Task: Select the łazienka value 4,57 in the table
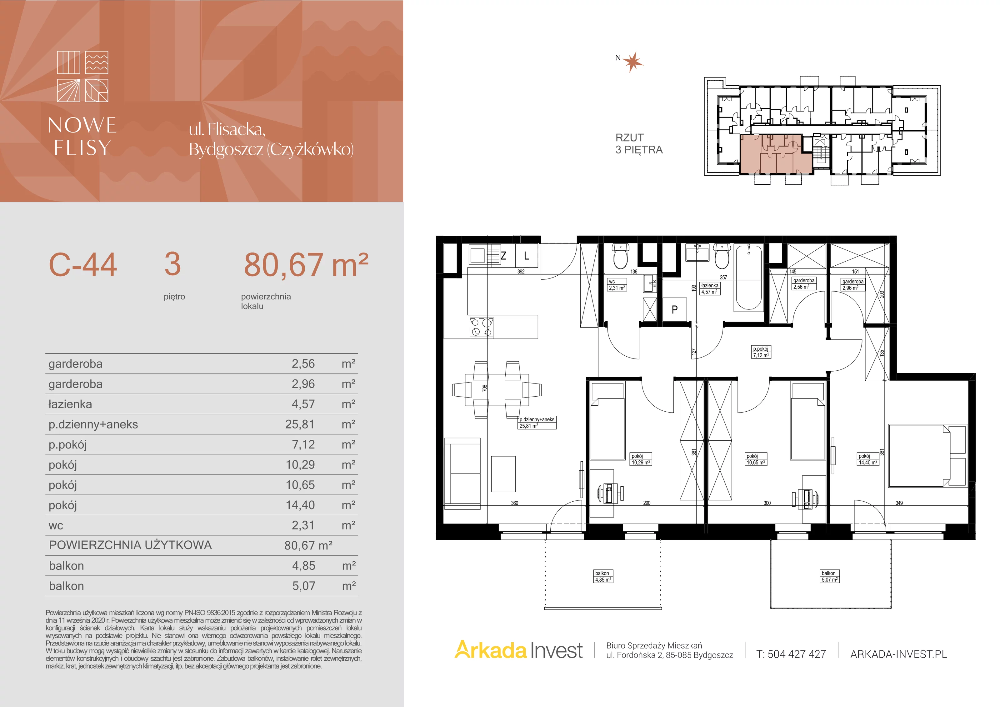[303, 404]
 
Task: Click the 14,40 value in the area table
[300, 505]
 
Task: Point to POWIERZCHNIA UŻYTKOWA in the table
[130, 545]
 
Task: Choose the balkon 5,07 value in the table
[303, 586]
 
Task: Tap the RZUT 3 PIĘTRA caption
[638, 144]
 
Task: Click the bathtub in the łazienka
[749, 278]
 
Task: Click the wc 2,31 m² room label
[617, 285]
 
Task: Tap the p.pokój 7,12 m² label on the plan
[761, 352]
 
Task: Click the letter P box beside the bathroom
[675, 310]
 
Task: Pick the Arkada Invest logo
[518, 650]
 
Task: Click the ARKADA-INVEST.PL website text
[898, 654]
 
